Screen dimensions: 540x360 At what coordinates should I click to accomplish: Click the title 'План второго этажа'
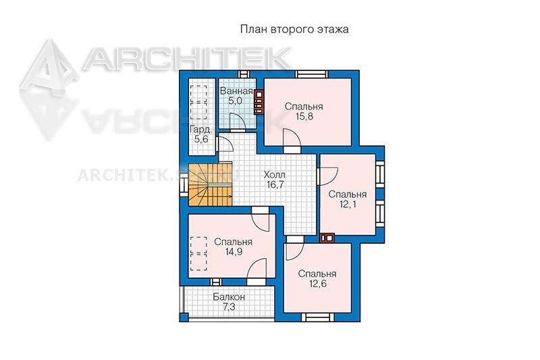(x=294, y=29)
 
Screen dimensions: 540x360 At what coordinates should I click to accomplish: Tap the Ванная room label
(x=236, y=91)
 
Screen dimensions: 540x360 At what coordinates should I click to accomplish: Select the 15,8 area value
(x=304, y=116)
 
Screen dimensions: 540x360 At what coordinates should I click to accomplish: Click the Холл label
(x=275, y=174)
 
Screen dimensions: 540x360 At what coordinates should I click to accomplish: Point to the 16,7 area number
(x=275, y=184)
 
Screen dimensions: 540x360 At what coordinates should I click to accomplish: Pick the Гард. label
(x=200, y=130)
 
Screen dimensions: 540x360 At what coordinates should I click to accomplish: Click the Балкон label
(x=229, y=297)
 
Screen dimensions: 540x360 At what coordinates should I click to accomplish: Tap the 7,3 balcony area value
(x=229, y=307)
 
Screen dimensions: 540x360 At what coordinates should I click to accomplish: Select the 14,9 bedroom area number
(x=234, y=251)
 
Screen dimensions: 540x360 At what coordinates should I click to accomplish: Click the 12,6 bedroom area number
(x=317, y=284)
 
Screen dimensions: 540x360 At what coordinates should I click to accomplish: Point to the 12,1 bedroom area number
(x=348, y=204)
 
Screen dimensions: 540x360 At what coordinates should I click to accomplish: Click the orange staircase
(x=210, y=185)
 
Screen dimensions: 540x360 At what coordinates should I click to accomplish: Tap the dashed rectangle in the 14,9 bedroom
(x=198, y=253)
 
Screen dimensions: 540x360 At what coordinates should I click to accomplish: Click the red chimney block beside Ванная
(x=259, y=101)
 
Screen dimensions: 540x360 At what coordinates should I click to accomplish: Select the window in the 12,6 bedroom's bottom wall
(x=317, y=317)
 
